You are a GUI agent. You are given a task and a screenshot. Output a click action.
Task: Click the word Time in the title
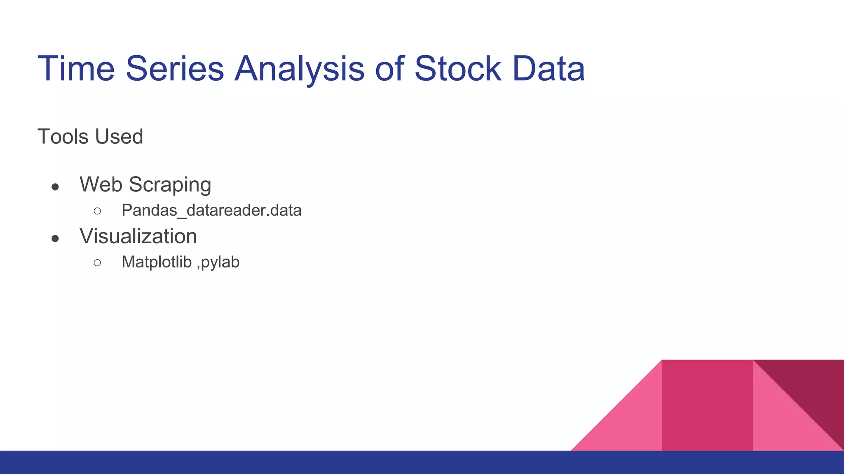tap(76, 69)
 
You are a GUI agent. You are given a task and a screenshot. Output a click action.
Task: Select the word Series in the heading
tap(175, 69)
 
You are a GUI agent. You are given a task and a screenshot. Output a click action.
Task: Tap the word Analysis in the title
tap(299, 69)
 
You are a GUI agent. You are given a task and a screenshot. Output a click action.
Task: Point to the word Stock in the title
tap(457, 69)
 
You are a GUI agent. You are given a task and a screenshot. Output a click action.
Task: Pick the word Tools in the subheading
tap(63, 137)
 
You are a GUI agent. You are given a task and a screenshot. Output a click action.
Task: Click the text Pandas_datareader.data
tap(211, 211)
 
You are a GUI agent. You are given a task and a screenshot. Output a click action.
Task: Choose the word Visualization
tap(138, 236)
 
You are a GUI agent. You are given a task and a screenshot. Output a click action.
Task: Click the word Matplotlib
tap(157, 262)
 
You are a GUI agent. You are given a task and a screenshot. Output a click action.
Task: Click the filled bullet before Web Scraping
tap(55, 187)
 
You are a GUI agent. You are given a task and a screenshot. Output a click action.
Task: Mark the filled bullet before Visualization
tap(55, 239)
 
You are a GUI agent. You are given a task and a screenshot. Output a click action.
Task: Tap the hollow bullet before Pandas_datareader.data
tap(97, 211)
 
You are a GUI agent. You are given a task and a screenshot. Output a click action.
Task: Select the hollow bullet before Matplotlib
tap(97, 263)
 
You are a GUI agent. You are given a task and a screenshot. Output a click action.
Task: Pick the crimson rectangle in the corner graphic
tap(707, 405)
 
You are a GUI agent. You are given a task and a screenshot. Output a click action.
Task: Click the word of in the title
tap(388, 69)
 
